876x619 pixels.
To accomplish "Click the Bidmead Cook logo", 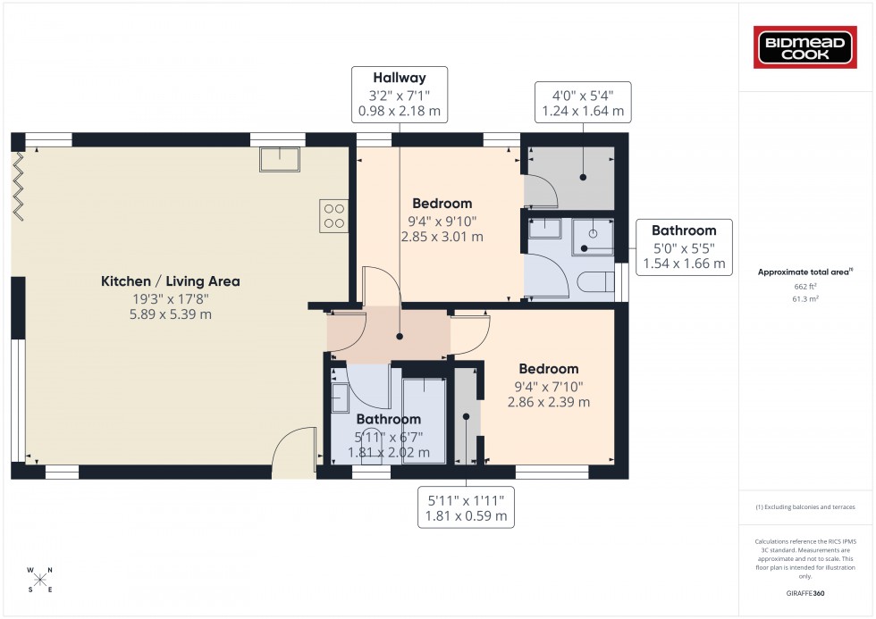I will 806,47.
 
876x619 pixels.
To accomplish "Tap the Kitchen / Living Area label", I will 170,281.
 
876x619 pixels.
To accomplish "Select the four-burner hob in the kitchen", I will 333,215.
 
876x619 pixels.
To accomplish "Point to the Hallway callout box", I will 400,95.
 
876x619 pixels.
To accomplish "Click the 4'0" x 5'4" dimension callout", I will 583,103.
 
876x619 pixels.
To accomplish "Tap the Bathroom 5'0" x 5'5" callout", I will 683,247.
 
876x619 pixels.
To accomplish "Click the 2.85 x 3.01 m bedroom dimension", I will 442,238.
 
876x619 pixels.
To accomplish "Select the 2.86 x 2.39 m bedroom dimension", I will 548,402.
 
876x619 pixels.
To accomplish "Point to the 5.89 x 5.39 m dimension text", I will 170,314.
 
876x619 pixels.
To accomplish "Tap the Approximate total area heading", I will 804,272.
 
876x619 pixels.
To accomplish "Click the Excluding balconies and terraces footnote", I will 804,507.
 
